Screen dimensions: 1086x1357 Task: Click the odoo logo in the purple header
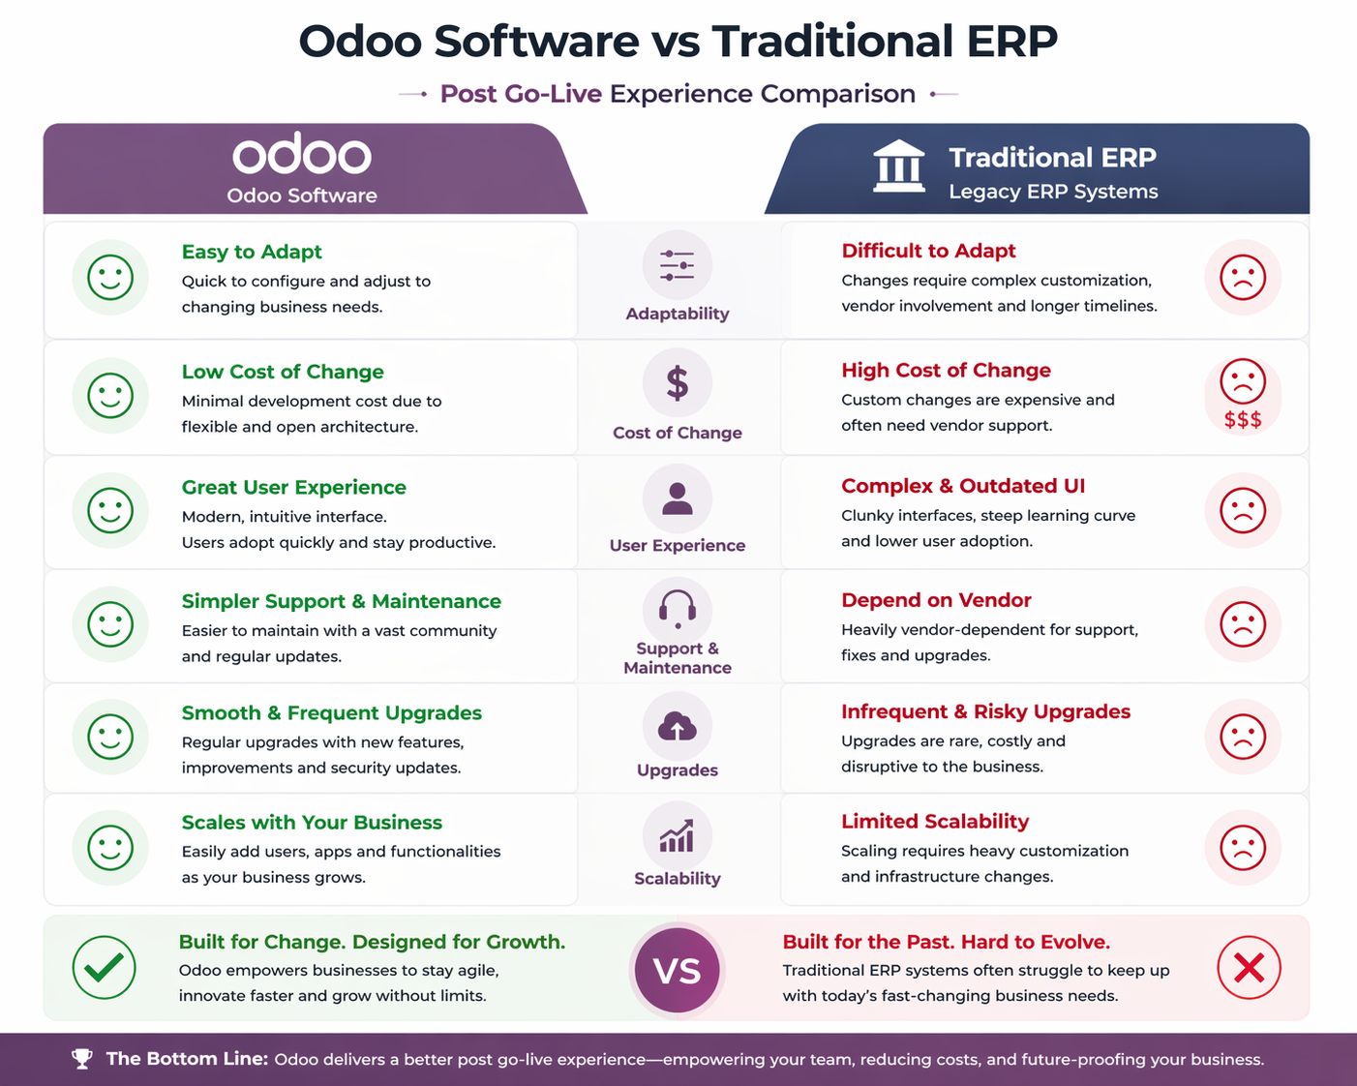pos(301,156)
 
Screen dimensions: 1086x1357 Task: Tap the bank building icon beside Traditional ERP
pos(898,166)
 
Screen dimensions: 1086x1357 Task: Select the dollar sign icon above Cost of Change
pos(678,383)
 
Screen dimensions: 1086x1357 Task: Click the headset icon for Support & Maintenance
pos(678,610)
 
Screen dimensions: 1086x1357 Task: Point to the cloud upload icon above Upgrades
pos(678,726)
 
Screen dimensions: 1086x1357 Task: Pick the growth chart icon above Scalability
pos(678,836)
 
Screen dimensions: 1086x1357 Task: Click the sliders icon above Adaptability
pos(678,264)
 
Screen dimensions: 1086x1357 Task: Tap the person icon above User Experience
pos(678,498)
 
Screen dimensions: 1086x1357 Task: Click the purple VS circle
pos(678,970)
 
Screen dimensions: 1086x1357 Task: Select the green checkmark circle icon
pos(105,967)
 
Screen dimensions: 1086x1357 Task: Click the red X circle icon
pos(1249,967)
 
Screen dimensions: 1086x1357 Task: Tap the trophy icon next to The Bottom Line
pos(82,1059)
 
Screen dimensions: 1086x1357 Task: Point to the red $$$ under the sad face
pos(1243,419)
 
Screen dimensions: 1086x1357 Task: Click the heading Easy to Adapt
pos(252,252)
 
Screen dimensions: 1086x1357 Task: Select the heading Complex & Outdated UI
pos(963,486)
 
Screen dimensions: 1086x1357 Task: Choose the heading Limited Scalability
pos(935,821)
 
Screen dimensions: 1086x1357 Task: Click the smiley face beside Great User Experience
pos(110,510)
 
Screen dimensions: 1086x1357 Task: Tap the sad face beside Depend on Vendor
pos(1243,623)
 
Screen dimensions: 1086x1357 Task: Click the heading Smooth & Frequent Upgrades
pos(332,712)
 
